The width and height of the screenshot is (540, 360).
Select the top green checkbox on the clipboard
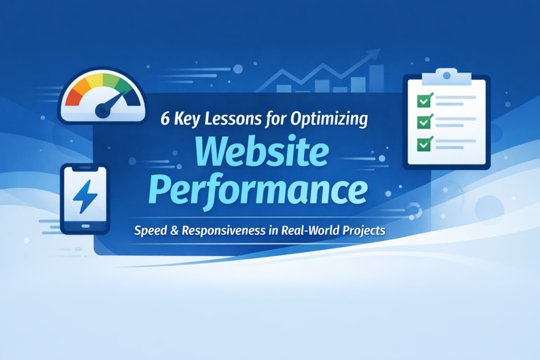pos(424,100)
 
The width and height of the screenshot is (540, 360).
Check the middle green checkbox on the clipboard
pos(424,122)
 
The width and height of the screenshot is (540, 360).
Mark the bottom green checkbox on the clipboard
pos(424,143)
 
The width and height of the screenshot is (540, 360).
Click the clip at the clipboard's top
pos(446,76)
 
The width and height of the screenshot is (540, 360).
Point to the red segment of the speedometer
pos(73,96)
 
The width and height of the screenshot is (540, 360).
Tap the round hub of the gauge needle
pos(102,110)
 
